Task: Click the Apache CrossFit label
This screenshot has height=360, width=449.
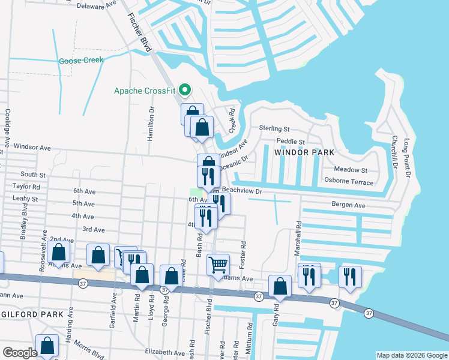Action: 146,92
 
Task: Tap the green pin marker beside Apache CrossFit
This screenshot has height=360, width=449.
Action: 185,91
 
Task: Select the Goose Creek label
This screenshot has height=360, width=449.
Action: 81,61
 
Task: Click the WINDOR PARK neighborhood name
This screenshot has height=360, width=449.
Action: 304,152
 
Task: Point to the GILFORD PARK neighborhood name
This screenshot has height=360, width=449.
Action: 28,314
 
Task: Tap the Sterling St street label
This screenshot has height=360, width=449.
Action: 274,128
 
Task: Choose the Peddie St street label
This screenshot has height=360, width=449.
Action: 291,142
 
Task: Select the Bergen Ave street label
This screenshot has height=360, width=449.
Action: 349,205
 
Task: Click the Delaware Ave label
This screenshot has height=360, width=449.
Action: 97,5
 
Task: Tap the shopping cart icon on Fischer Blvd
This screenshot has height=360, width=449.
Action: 218,264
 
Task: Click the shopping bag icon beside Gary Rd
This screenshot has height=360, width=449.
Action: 280,286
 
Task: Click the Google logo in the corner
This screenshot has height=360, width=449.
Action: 19,353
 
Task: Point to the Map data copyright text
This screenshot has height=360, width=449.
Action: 411,355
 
